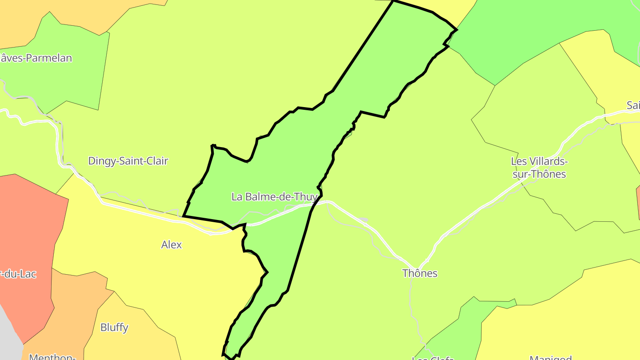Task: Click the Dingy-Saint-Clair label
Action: (128, 161)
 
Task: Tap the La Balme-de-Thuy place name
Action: (275, 196)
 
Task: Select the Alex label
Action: (172, 244)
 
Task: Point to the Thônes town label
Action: (420, 273)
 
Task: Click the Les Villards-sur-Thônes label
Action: (539, 168)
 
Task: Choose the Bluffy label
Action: (114, 328)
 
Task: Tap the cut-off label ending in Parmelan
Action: (36, 58)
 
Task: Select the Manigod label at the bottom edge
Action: (550, 357)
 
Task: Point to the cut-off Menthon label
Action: (52, 356)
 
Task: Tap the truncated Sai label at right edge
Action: (633, 105)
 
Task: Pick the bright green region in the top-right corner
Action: (533, 27)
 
